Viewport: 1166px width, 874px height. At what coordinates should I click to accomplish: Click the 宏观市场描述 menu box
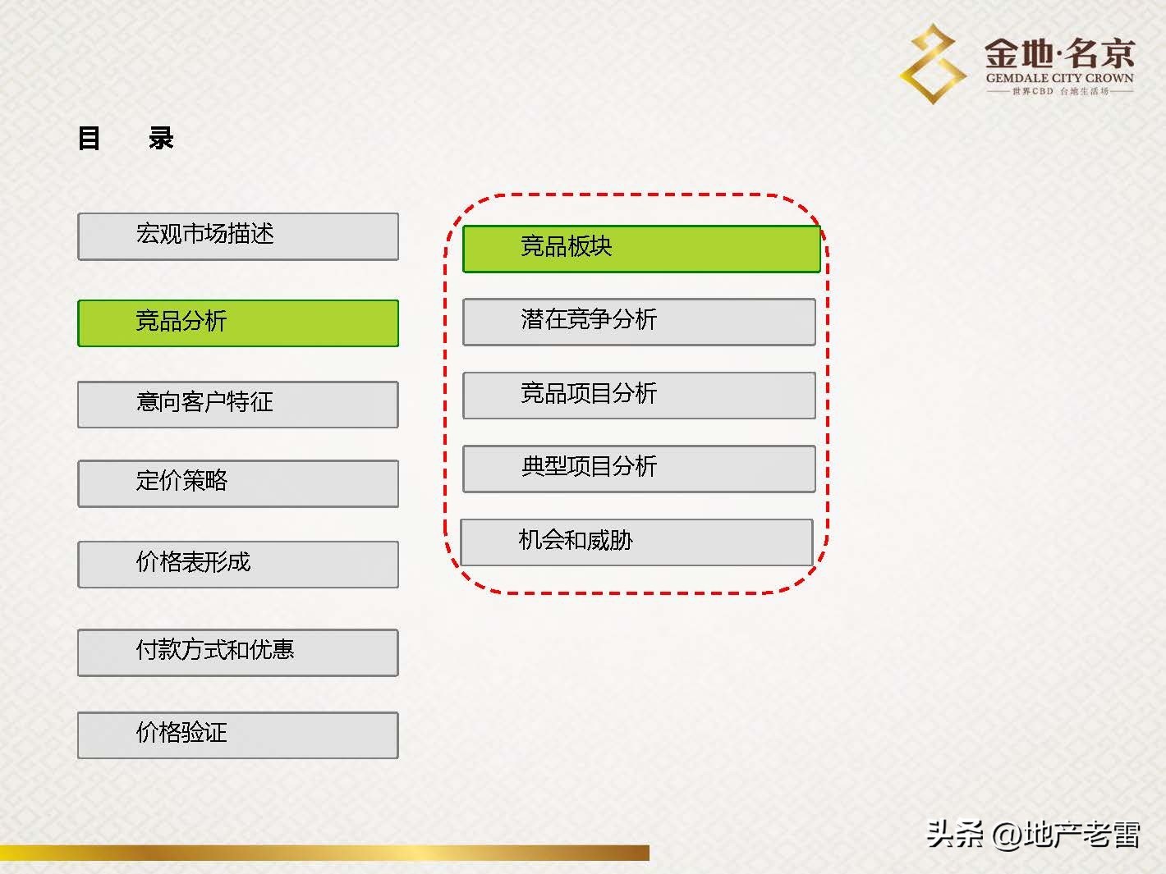pos(238,236)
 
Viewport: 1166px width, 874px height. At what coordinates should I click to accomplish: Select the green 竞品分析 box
pos(238,323)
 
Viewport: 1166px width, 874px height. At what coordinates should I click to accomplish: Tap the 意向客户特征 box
pos(238,404)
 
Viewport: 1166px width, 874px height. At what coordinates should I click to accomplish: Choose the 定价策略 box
pos(238,483)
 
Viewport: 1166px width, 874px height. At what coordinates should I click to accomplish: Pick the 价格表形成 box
pos(238,564)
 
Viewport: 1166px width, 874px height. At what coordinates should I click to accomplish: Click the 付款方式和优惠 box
pos(238,652)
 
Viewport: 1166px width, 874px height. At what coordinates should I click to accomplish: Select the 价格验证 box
pos(238,734)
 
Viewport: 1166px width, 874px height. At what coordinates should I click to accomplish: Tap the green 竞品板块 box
pos(641,249)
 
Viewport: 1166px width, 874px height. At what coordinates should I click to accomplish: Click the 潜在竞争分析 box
pos(639,321)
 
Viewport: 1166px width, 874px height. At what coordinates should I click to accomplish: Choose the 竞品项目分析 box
pos(639,395)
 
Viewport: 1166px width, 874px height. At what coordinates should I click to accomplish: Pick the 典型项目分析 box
pos(639,468)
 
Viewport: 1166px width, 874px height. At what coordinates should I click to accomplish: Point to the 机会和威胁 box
pos(636,542)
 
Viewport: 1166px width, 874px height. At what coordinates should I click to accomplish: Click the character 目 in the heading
pos(90,138)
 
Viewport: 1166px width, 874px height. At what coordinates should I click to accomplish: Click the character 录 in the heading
pos(161,138)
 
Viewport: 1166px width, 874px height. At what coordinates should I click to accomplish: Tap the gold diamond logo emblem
pos(933,64)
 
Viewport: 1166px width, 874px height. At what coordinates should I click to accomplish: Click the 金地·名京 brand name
pos(1059,54)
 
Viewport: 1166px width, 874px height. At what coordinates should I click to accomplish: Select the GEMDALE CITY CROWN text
pos(1059,79)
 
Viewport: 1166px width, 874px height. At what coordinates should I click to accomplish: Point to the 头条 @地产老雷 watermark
pos(1033,835)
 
